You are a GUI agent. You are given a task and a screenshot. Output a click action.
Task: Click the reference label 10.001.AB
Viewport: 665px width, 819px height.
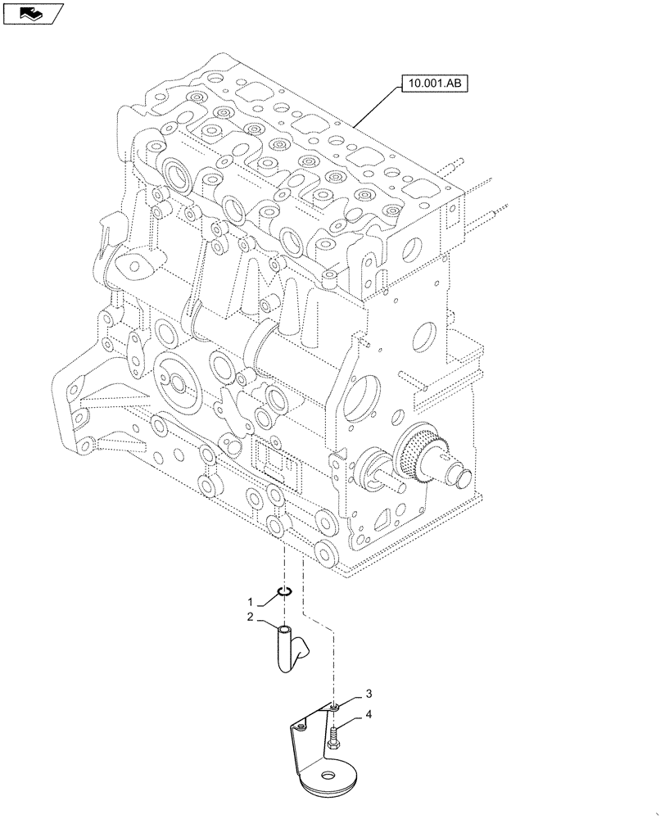click(x=433, y=83)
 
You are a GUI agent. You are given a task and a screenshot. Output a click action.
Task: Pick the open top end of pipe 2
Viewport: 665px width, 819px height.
click(x=283, y=631)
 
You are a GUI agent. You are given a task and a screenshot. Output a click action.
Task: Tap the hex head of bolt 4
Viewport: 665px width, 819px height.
click(x=334, y=744)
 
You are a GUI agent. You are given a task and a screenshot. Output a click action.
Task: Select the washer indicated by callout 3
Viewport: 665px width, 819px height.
click(x=336, y=706)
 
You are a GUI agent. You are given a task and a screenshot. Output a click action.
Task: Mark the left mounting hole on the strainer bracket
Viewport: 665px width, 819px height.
click(x=301, y=726)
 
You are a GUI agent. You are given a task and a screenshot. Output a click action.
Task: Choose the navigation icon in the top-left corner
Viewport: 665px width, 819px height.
click(x=32, y=12)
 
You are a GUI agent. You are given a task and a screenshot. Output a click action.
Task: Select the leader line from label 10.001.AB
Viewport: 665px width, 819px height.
click(x=377, y=107)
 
